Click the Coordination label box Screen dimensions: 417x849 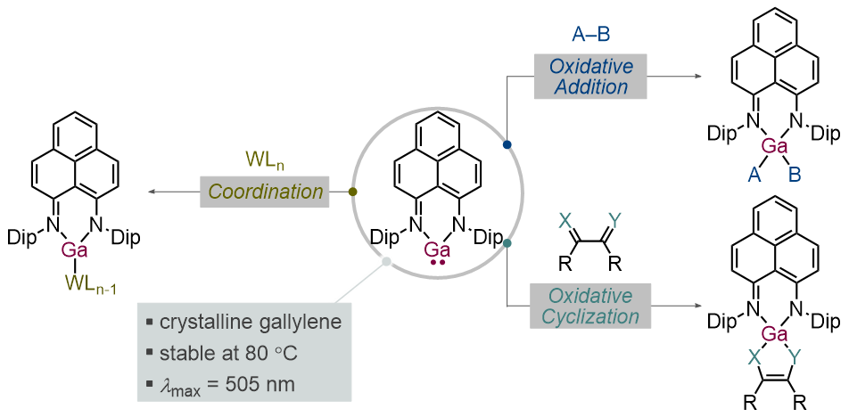pos(266,192)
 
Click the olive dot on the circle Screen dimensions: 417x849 pos(353,192)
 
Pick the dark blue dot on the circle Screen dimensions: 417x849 pos(507,144)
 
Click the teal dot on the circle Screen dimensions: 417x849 pos(507,242)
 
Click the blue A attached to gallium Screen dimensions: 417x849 pos(752,176)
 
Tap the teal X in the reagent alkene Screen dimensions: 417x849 pos(562,218)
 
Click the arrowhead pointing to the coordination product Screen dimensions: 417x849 pos(151,192)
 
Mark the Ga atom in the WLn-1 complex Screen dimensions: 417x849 pos(74,250)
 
